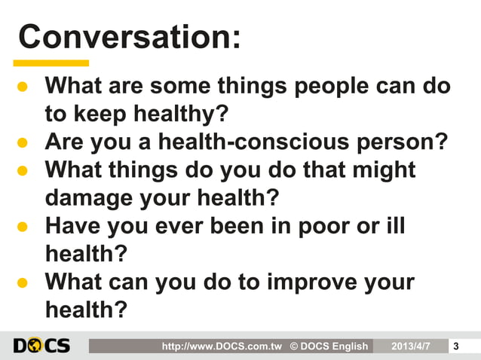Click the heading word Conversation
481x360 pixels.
(x=128, y=35)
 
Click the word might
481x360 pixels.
(x=380, y=169)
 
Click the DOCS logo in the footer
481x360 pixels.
(x=41, y=346)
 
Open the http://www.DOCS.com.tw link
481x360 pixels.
(x=222, y=346)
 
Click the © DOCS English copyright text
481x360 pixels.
(x=329, y=346)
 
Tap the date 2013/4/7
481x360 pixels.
(x=411, y=346)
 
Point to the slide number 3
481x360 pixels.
(x=455, y=346)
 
